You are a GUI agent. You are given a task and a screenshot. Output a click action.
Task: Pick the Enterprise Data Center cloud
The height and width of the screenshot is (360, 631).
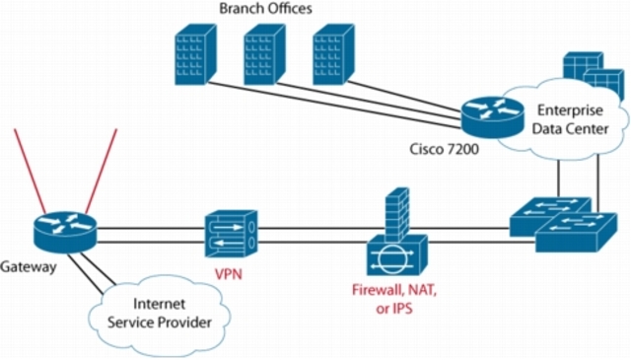(568, 118)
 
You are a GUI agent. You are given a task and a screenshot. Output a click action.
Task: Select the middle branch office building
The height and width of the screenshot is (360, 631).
(263, 54)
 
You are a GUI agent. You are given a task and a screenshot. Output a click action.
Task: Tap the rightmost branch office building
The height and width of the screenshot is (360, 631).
(331, 54)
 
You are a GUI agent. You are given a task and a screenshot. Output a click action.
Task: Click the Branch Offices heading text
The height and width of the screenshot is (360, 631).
(264, 9)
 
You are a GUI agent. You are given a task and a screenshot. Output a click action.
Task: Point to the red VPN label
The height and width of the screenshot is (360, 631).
(231, 275)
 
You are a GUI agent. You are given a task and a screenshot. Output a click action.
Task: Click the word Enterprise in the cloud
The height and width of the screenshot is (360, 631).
(570, 109)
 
